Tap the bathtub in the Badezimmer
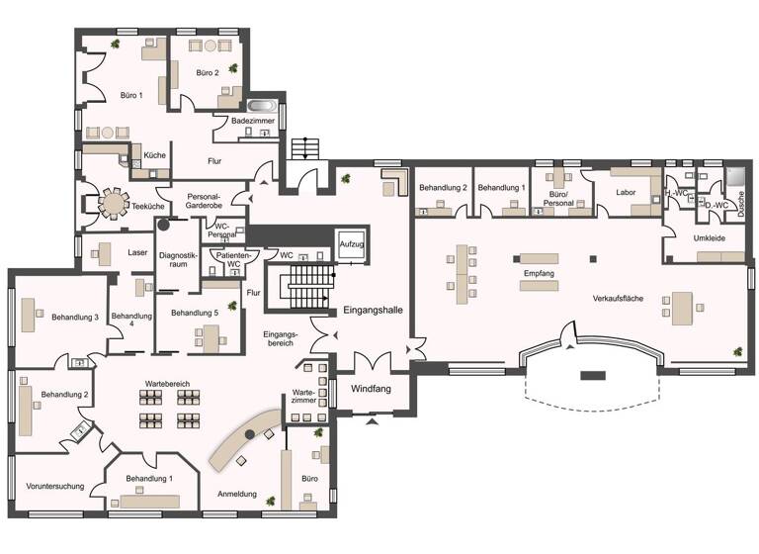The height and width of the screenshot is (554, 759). [263, 105]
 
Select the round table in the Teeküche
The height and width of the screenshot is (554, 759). [115, 204]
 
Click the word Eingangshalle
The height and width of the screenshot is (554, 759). [373, 311]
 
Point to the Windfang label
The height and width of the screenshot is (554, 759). [371, 389]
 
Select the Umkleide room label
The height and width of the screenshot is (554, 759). [709, 237]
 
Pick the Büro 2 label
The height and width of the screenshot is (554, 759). [207, 73]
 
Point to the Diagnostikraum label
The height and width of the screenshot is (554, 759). [179, 261]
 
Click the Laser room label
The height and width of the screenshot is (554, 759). [137, 252]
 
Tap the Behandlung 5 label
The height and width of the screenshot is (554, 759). [194, 314]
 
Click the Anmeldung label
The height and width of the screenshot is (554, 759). [237, 494]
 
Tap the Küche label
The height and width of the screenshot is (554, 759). [154, 156]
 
